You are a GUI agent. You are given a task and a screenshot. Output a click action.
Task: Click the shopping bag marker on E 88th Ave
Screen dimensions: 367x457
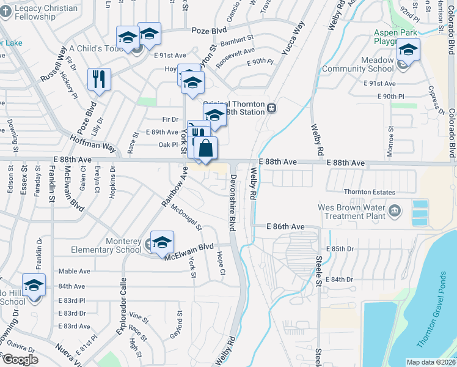pos(207,148)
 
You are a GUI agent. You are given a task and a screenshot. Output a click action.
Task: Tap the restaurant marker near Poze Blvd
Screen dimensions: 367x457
pos(99,79)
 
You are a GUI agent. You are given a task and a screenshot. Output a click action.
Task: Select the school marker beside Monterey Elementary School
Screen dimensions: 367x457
pos(162,242)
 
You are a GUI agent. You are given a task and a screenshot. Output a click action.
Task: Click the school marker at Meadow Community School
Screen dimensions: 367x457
pos(408,50)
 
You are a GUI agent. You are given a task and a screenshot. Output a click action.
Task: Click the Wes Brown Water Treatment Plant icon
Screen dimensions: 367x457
pos(395,212)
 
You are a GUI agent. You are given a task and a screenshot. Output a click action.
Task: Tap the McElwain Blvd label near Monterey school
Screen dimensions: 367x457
pos(189,251)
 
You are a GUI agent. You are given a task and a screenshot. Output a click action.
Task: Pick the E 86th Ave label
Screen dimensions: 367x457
pos(285,226)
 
